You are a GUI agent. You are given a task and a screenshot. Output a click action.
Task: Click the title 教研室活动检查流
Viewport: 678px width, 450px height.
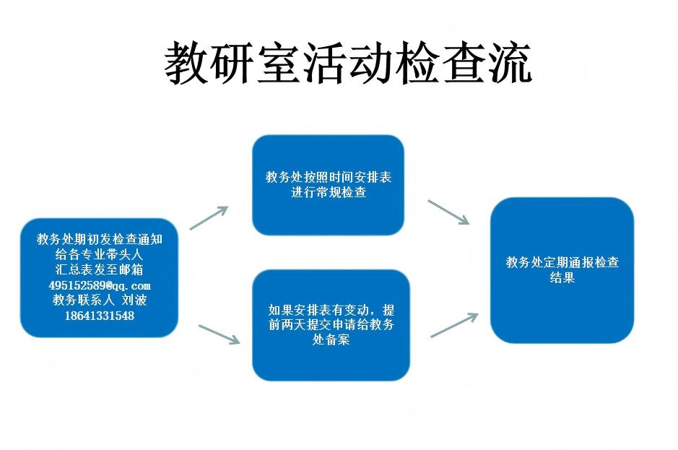tap(348, 63)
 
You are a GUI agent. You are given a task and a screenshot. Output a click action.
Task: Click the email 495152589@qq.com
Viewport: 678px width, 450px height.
tap(100, 285)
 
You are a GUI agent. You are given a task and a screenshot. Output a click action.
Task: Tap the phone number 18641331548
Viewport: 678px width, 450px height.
tap(100, 316)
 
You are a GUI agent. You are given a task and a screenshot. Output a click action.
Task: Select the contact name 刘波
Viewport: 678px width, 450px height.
tap(134, 300)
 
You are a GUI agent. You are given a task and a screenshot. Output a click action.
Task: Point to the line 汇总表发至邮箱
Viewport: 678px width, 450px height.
tap(99, 269)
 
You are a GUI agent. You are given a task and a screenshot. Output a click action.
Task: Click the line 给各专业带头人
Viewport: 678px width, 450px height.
tap(99, 254)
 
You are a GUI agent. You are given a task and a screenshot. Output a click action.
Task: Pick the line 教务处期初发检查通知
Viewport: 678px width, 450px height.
tap(100, 239)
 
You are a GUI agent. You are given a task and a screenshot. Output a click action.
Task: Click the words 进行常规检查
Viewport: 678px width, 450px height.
tap(329, 192)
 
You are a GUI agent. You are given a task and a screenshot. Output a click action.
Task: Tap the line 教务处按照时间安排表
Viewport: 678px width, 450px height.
tap(329, 177)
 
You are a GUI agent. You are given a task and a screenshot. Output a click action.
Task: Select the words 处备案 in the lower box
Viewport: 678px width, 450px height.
tap(331, 339)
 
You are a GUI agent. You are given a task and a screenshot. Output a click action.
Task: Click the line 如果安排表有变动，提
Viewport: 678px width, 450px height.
tap(331, 310)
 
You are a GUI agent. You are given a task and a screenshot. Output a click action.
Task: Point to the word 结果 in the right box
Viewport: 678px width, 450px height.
tap(562, 277)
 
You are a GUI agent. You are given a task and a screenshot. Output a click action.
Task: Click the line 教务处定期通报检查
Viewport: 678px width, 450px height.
tap(562, 262)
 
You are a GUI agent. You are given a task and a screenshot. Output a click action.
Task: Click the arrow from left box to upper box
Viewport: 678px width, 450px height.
tap(209, 217)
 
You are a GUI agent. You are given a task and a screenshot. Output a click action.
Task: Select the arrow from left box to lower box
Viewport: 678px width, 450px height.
tap(220, 334)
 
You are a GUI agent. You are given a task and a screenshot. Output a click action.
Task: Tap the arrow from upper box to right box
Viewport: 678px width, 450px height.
tap(448, 212)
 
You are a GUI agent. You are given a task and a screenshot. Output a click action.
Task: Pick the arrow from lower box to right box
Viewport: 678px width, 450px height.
tap(454, 325)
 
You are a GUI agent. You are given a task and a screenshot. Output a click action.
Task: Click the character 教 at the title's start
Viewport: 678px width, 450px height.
tap(187, 63)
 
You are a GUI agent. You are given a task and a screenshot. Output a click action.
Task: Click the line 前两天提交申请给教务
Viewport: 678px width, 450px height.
tap(331, 324)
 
